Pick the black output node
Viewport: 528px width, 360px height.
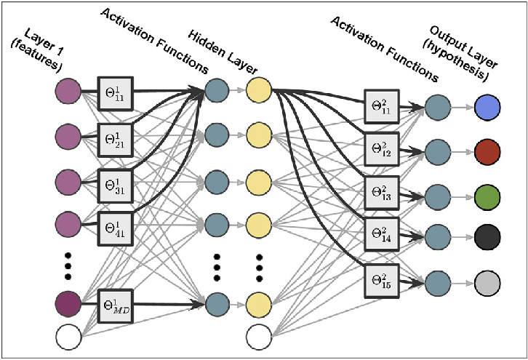tap(486, 237)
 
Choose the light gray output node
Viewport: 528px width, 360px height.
tap(486, 282)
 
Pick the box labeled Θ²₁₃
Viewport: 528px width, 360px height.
tap(382, 193)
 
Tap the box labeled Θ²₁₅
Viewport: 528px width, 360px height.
tap(382, 281)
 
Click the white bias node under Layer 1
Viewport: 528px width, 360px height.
tap(68, 337)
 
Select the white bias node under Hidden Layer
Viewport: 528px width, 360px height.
tap(258, 337)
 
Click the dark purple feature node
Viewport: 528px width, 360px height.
tap(68, 303)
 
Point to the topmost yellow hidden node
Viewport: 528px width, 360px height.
tap(258, 92)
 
